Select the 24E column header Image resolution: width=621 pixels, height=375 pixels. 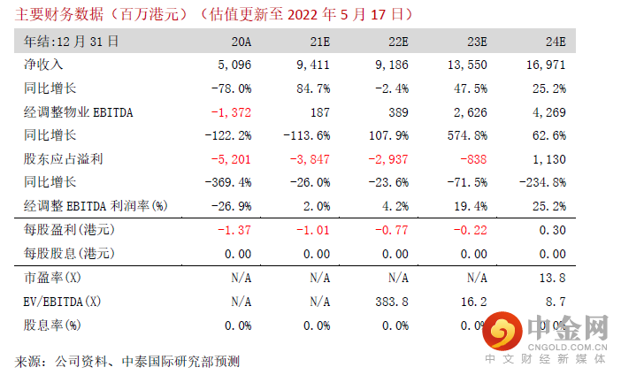click(555, 42)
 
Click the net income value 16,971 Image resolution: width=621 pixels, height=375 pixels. click(548, 65)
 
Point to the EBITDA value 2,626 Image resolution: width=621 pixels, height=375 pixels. click(471, 112)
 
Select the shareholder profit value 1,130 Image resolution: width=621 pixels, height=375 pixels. click(551, 159)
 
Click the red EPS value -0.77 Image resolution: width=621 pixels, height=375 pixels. click(391, 230)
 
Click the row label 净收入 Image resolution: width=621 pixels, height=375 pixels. click(42, 65)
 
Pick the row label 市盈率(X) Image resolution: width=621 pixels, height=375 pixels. click(50, 278)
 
